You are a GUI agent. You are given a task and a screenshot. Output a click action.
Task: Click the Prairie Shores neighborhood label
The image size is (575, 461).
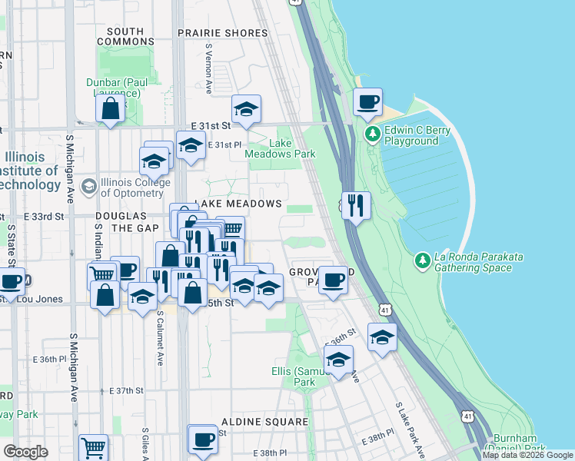(x=222, y=33)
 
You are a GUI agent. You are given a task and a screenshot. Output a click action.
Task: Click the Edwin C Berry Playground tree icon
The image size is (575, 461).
(x=373, y=135)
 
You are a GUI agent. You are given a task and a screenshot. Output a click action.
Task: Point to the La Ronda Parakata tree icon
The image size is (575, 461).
(x=422, y=261)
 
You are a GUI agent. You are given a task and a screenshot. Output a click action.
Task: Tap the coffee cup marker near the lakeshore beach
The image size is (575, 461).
(x=367, y=101)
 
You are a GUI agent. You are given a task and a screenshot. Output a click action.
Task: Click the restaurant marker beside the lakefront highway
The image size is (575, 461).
(x=354, y=205)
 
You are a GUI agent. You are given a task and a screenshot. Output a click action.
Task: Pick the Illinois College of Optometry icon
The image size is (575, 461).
(x=90, y=187)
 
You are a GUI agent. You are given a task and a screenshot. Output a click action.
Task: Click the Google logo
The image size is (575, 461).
(x=25, y=452)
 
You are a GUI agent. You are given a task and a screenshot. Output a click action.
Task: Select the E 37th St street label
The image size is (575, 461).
(x=127, y=391)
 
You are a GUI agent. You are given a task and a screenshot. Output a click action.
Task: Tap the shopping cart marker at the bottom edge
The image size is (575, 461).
(x=93, y=447)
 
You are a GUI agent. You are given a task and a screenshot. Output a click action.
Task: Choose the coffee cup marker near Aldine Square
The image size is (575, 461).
(x=203, y=439)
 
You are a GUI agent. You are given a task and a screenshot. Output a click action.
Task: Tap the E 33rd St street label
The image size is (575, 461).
(x=43, y=217)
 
